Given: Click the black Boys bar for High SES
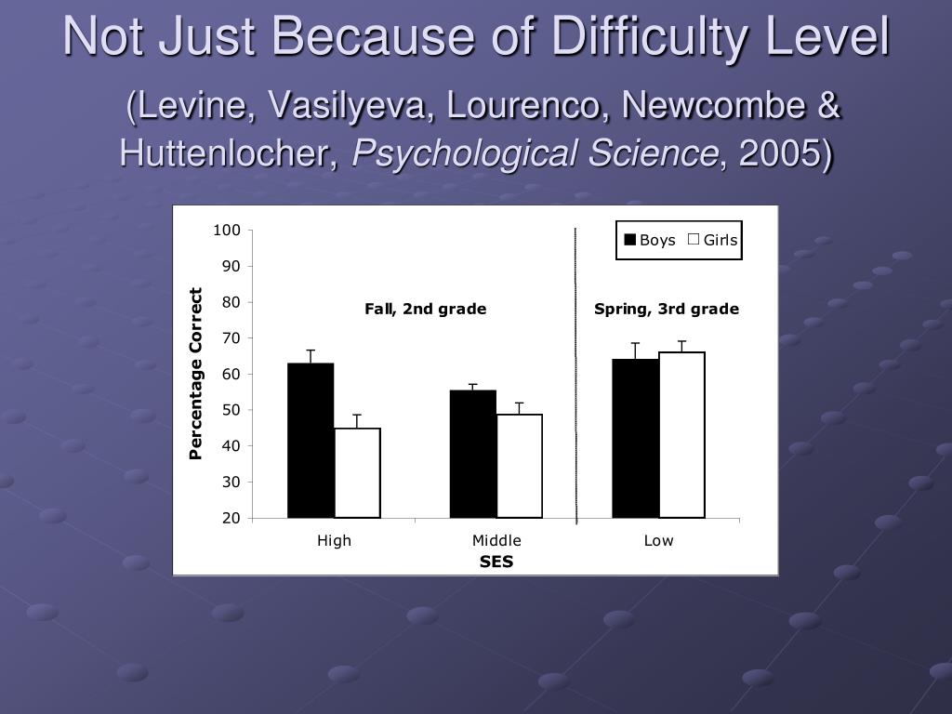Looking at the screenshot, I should (x=311, y=440).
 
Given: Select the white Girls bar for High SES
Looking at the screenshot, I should (x=357, y=472).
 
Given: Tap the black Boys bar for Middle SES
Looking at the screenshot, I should (x=473, y=454).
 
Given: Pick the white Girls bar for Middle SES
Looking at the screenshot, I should (x=520, y=466).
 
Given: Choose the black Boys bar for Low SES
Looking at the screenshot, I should (x=635, y=438).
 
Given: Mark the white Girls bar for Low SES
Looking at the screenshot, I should (x=681, y=434).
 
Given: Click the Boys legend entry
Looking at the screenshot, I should (x=650, y=240).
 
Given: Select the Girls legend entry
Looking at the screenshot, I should (x=713, y=240).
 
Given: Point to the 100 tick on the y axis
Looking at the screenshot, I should (x=228, y=230).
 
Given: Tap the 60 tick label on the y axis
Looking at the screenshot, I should (x=231, y=374).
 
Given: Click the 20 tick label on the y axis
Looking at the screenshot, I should (x=231, y=518).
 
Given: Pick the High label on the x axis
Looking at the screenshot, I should (x=334, y=540).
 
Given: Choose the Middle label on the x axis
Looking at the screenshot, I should (x=496, y=540).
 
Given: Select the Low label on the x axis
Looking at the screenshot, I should (x=658, y=540).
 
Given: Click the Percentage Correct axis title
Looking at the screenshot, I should (x=196, y=374).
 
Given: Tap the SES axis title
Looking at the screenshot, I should (x=496, y=562).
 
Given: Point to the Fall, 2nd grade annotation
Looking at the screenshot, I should (x=425, y=309).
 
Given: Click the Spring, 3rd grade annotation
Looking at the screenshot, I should (x=667, y=309).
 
